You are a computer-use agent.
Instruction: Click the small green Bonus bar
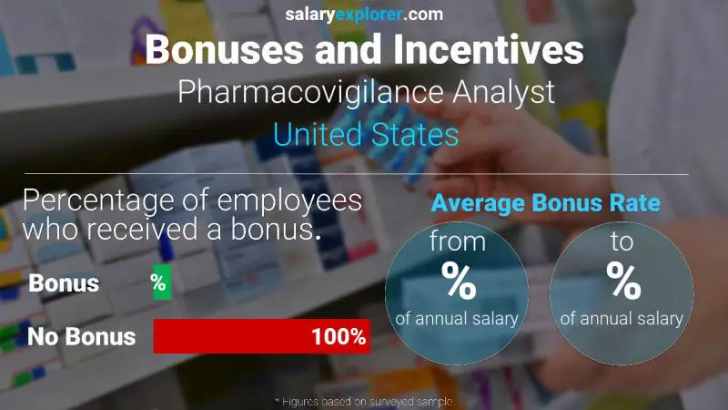(x=161, y=283)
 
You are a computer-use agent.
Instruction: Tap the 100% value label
(x=338, y=337)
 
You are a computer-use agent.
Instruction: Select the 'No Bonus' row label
(x=81, y=337)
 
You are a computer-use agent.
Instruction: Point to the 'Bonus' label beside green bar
(x=64, y=283)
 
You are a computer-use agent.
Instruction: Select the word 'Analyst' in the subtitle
(x=503, y=93)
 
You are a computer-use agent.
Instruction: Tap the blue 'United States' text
(x=365, y=135)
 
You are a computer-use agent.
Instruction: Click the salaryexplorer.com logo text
(x=364, y=14)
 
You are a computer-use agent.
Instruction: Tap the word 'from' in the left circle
(x=457, y=243)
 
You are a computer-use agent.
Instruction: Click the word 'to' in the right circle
(x=622, y=243)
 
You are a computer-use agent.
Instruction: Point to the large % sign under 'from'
(x=457, y=282)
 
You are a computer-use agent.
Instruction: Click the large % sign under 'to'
(x=622, y=282)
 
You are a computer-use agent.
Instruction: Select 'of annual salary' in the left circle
(x=457, y=319)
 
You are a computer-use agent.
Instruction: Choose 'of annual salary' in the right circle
(x=622, y=319)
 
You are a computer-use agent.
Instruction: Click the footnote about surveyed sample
(x=364, y=401)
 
